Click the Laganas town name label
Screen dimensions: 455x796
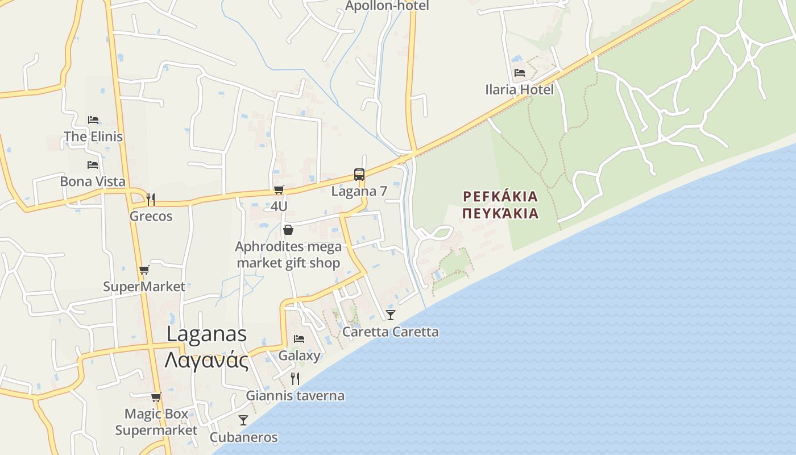(x=206, y=334)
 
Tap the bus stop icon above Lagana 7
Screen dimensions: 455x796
(x=359, y=175)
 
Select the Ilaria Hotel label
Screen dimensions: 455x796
(x=519, y=89)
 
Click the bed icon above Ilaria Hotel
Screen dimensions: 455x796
(x=519, y=72)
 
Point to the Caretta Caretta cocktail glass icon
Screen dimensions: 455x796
(x=390, y=315)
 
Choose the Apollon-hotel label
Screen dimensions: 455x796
(x=387, y=6)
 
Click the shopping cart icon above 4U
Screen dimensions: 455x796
(x=279, y=189)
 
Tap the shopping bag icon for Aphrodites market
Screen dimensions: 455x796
(x=288, y=230)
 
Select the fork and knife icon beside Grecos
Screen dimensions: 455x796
(x=151, y=199)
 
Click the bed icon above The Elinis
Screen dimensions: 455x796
(x=93, y=119)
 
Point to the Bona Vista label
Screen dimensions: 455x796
(x=93, y=181)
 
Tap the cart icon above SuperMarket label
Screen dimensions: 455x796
(x=144, y=270)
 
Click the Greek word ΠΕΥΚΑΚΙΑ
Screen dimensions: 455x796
(x=500, y=213)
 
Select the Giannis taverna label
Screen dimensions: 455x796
(x=295, y=395)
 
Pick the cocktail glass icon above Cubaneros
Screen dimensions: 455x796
(x=243, y=420)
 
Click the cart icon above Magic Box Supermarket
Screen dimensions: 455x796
(x=156, y=397)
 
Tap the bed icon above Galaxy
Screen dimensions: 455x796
(x=299, y=338)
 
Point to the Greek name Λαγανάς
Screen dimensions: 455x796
(x=206, y=361)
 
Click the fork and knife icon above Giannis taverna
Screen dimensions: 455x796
(x=295, y=378)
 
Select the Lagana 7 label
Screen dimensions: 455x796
(x=359, y=191)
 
